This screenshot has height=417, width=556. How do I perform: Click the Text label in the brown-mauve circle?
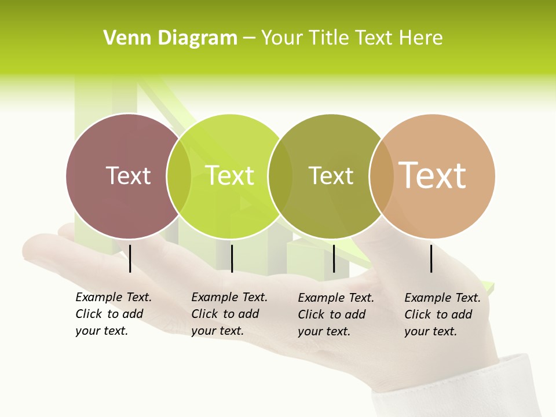128,175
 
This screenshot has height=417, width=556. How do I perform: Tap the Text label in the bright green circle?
230,175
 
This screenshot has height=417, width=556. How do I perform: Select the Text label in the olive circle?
331,175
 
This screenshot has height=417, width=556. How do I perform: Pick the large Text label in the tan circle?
433,175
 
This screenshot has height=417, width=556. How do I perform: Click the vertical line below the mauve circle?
130,258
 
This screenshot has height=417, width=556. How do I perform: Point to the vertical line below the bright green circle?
232,258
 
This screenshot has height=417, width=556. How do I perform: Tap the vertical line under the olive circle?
334,258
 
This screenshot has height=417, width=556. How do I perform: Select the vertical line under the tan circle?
431,258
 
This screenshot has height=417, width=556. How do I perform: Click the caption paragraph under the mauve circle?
114,314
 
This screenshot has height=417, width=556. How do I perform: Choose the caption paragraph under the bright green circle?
229,314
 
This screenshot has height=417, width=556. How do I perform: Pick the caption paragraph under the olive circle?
336,314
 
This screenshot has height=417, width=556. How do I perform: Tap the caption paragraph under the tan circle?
442,314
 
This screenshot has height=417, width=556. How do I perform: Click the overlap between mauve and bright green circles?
179,176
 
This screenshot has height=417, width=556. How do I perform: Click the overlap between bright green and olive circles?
280,176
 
